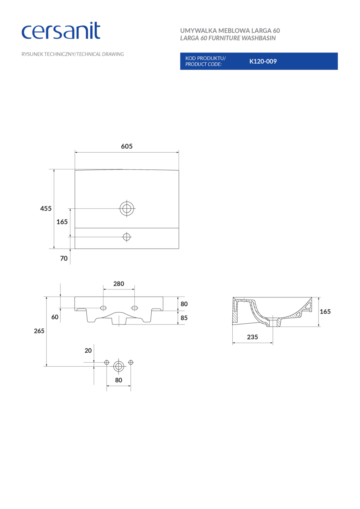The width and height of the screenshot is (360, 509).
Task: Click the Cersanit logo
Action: [61, 31]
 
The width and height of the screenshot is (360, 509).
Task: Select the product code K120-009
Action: [263, 61]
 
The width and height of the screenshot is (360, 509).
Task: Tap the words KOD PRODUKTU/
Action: [205, 58]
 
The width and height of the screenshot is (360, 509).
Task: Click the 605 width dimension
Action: [126, 146]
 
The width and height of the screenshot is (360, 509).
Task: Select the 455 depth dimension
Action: [46, 209]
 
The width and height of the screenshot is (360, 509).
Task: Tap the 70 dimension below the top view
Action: [64, 258]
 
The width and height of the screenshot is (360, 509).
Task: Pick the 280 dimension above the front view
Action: [119, 284]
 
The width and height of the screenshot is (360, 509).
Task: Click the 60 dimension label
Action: [55, 317]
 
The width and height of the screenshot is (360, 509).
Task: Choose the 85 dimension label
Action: [184, 318]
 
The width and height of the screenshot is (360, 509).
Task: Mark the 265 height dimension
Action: [39, 331]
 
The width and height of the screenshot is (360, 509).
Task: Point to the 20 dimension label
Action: [88, 350]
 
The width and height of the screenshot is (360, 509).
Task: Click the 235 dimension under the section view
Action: [252, 337]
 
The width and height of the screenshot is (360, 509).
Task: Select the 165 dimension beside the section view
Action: [325, 312]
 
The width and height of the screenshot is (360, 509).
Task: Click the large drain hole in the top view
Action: [127, 208]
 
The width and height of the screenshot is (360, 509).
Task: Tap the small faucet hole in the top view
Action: [127, 237]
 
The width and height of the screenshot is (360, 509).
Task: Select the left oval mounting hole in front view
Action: [103, 308]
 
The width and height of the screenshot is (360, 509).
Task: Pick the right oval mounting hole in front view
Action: [134, 308]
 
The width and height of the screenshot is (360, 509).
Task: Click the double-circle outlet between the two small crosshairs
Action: [119, 366]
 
